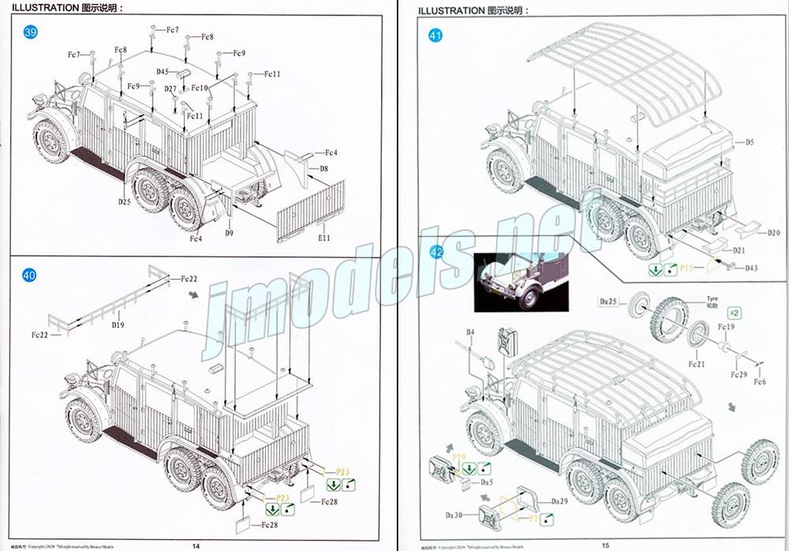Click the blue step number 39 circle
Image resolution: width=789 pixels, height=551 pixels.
(31, 32)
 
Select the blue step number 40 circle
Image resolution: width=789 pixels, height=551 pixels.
(30, 276)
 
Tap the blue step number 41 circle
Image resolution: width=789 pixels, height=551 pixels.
(436, 35)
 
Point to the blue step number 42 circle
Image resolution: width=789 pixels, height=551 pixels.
(436, 252)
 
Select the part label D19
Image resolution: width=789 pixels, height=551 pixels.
(118, 325)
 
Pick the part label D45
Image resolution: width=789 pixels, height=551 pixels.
(163, 72)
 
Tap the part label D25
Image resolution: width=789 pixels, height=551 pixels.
(125, 202)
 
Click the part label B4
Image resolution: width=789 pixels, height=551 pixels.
(470, 333)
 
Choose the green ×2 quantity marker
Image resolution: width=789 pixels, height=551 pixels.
(734, 311)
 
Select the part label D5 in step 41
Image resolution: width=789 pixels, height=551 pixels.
(750, 142)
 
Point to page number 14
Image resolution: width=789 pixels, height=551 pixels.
(196, 545)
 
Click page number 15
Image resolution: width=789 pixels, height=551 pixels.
(605, 545)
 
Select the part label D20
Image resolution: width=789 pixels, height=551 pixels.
(772, 233)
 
